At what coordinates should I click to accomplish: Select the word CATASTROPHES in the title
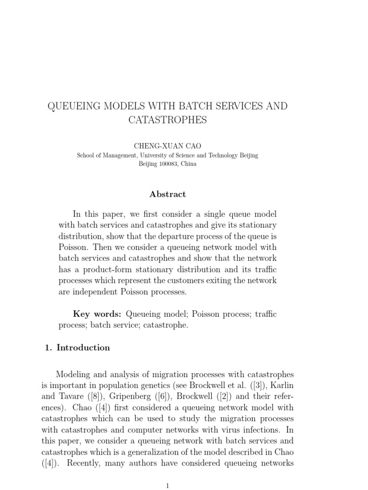[x=168, y=120]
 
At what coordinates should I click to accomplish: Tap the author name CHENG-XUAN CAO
[x=167, y=145]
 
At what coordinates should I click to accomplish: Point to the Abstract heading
[x=168, y=194]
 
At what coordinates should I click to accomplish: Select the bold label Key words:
[x=97, y=314]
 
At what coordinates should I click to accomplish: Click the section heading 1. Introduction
[x=77, y=348]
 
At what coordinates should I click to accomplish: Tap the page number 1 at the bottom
[x=168, y=486]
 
